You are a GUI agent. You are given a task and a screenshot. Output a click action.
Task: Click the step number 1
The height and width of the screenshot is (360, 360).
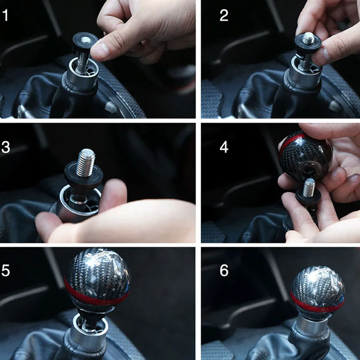coord(5,15)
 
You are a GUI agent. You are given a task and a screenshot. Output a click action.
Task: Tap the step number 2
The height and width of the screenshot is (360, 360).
coord(224,15)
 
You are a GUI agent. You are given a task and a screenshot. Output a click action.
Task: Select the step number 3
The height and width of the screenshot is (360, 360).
coord(6,147)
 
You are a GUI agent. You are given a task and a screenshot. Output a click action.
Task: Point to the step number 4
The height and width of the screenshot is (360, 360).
coord(224,147)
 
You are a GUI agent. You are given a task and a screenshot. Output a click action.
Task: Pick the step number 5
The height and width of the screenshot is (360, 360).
coord(6,270)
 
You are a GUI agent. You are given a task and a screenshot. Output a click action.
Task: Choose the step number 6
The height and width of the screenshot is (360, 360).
coord(224,270)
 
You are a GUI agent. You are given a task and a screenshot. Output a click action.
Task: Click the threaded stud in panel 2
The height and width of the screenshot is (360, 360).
coord(308,38)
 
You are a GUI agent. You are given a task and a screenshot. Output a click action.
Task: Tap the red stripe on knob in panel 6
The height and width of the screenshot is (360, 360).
coord(317,303)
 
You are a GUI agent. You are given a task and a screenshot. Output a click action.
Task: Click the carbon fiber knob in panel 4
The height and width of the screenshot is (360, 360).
coord(306,156)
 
